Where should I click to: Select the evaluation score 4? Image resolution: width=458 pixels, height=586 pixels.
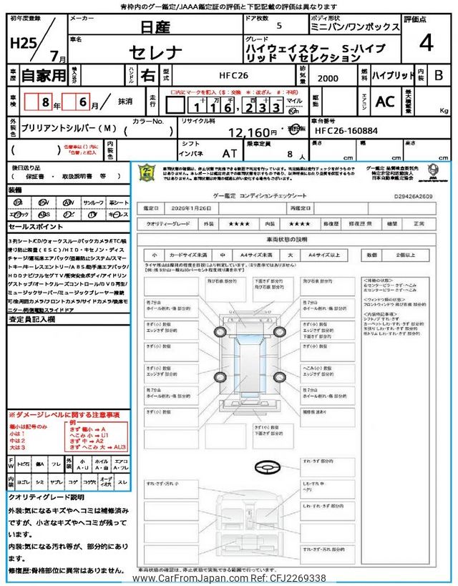[426, 44]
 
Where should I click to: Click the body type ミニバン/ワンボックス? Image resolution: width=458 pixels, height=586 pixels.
[361, 26]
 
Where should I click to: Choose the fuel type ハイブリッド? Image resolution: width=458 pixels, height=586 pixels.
[391, 74]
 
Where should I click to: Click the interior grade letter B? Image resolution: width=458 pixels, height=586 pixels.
[439, 74]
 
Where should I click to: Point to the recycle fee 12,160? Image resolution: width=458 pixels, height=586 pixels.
[254, 132]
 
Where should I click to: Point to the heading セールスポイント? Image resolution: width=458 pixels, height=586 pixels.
[36, 226]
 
